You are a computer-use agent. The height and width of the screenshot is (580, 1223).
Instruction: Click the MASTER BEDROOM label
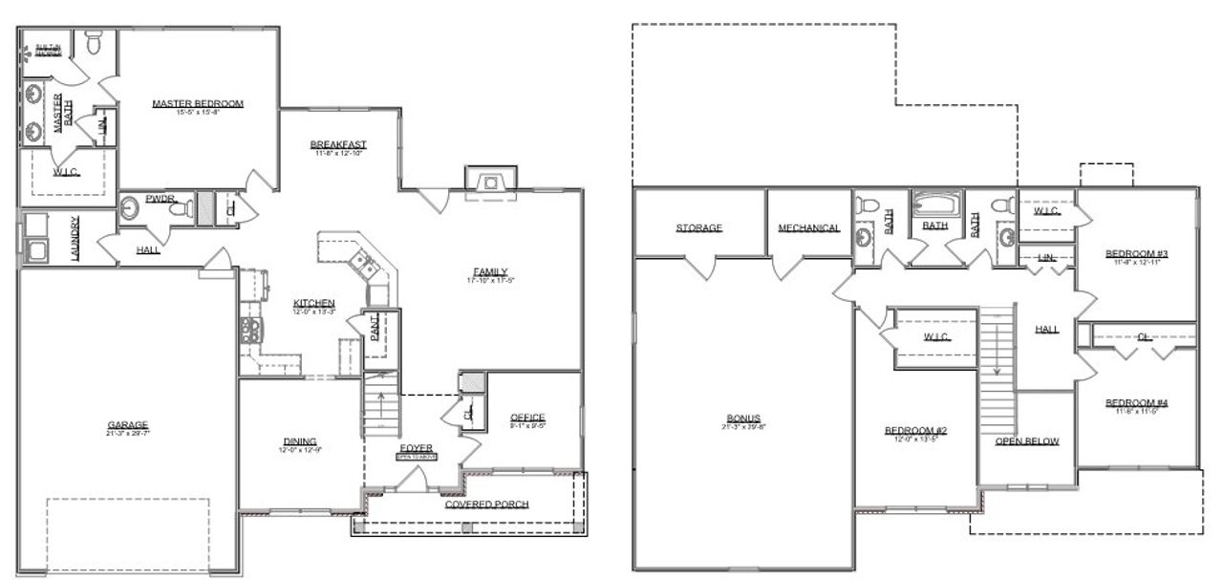(198, 103)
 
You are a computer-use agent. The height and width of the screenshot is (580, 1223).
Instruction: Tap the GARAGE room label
(128, 425)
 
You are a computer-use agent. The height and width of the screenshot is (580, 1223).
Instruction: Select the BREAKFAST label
(338, 145)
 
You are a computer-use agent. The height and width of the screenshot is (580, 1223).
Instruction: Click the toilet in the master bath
(94, 43)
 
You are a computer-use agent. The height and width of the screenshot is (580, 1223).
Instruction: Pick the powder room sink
(130, 209)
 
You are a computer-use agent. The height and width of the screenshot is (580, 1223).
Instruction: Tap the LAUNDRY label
(75, 239)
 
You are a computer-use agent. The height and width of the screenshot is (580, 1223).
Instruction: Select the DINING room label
(300, 440)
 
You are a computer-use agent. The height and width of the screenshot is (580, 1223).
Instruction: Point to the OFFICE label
(527, 418)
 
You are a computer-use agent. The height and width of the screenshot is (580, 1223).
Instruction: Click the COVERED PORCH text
(486, 504)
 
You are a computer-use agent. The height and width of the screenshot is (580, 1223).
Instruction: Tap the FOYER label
(416, 447)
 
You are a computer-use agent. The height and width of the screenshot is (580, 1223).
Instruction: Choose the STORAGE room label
(698, 228)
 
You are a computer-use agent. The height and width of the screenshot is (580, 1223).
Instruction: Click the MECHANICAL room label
(808, 228)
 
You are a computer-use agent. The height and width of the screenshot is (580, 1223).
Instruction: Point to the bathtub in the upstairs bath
(934, 204)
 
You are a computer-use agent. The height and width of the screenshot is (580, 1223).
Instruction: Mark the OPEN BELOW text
(1027, 441)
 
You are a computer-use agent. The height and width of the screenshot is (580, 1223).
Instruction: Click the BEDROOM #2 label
(915, 431)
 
